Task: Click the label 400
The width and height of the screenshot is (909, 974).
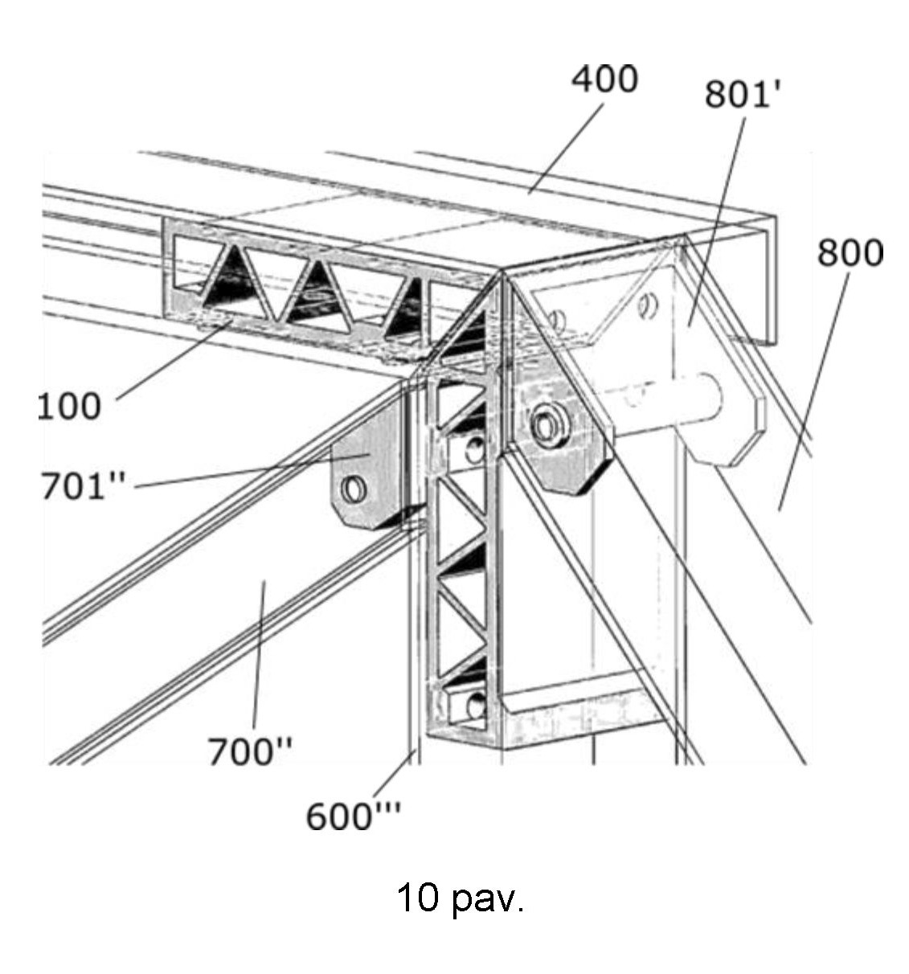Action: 604,80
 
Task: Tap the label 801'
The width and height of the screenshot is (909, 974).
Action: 743,95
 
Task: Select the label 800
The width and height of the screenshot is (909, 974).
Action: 850,253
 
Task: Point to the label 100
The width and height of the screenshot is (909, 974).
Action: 70,406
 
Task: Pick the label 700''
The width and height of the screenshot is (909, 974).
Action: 250,752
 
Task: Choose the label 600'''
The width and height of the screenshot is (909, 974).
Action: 354,816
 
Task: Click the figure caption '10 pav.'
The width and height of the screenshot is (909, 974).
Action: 460,898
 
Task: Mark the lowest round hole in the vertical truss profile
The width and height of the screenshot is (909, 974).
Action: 473,706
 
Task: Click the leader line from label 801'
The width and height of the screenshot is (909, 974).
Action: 717,217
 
